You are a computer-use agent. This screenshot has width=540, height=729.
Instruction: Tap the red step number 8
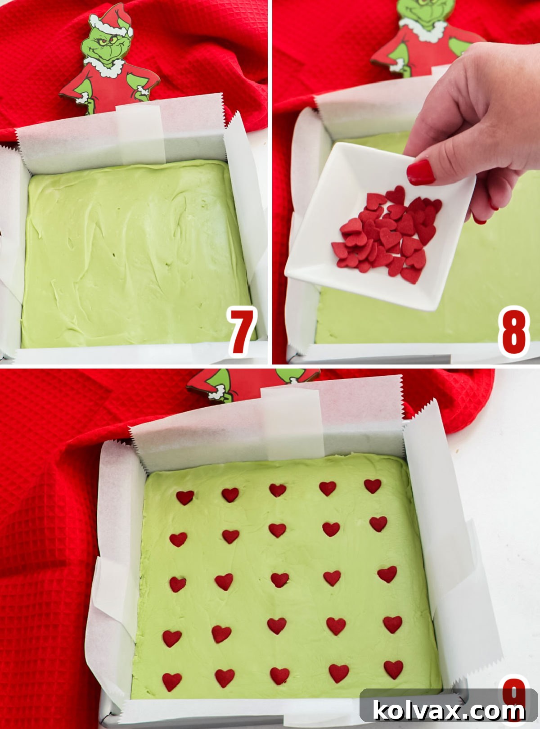(513, 332)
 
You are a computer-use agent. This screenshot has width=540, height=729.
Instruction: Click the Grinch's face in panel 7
(104, 45)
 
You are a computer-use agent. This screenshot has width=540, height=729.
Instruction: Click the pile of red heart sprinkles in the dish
(389, 232)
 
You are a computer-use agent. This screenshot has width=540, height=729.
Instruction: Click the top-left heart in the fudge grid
(184, 497)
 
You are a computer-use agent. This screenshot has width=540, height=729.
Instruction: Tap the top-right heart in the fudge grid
(373, 486)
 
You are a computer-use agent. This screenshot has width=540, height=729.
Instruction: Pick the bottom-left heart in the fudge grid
(171, 681)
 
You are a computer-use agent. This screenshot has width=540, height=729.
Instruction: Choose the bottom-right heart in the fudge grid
(393, 669)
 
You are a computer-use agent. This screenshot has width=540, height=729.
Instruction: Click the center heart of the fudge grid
(279, 579)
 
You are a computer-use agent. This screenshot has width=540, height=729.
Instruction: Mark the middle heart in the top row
(277, 490)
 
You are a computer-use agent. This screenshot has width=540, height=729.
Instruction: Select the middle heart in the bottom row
(279, 675)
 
